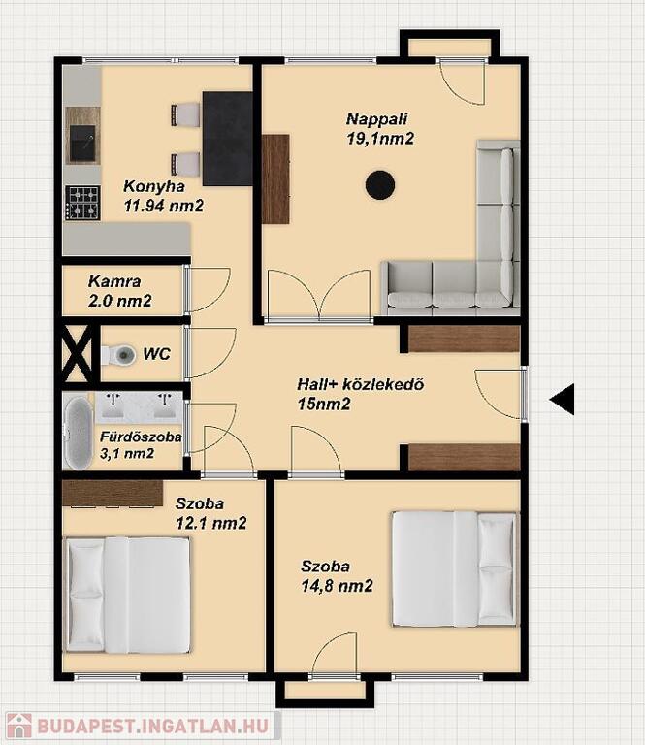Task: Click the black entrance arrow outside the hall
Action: [x=563, y=399]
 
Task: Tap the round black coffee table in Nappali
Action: [x=380, y=185]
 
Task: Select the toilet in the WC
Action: [x=117, y=354]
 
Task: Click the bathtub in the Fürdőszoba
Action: [x=78, y=433]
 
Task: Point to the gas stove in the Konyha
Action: [x=82, y=203]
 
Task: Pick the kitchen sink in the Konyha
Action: [x=82, y=143]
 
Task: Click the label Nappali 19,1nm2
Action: [x=380, y=129]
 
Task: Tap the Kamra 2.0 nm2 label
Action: [x=119, y=291]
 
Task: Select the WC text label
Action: [x=157, y=354]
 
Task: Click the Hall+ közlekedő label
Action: [x=361, y=384]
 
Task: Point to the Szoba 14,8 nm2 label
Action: [x=337, y=576]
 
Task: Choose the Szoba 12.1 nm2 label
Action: [x=211, y=513]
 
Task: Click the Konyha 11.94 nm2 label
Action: [x=164, y=196]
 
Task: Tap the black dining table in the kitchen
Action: [x=228, y=139]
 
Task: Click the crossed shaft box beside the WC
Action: [x=78, y=353]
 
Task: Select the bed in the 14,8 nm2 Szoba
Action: [x=455, y=568]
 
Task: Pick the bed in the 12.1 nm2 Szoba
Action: [x=128, y=595]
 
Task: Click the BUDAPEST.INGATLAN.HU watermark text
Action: [x=153, y=727]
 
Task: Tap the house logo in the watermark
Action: [x=19, y=726]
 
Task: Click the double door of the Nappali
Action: [x=319, y=295]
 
